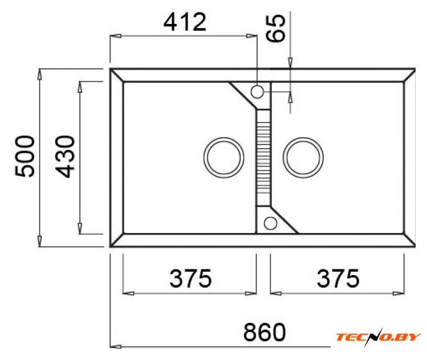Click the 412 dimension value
coord(185,22)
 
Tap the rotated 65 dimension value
coord(275,28)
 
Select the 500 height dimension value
coord(25,157)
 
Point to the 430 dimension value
coord(65,157)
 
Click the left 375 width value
coord(190,278)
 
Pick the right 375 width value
coord(338,278)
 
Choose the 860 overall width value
coord(265,332)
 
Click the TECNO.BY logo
coord(379,337)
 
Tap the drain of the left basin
coord(224,158)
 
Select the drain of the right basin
coord(303,158)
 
